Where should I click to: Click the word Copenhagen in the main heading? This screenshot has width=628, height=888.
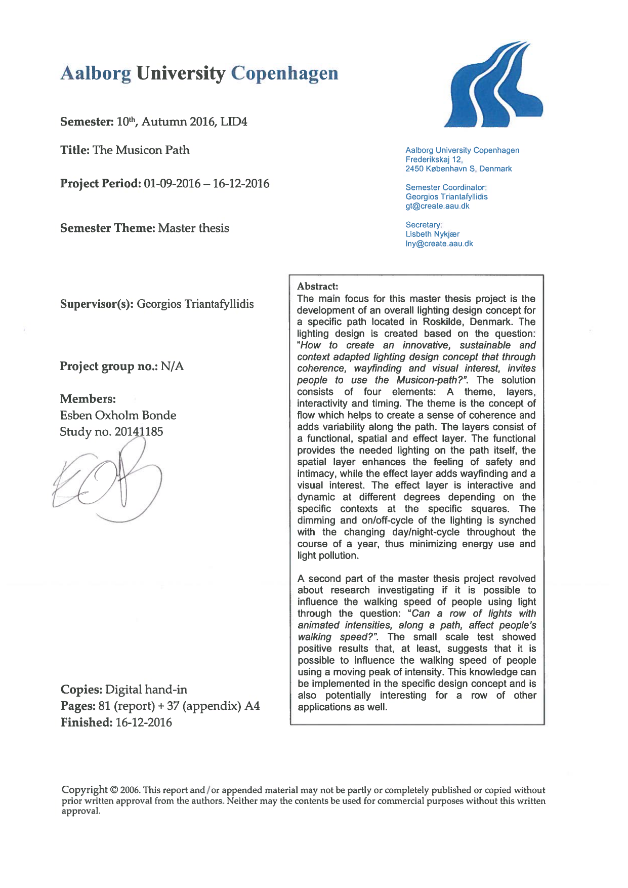(284, 73)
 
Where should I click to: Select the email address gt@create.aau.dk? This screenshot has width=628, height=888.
(437, 206)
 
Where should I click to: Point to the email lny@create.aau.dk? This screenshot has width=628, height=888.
(439, 244)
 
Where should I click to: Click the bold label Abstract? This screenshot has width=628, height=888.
(317, 287)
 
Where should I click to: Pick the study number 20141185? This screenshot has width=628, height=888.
(139, 432)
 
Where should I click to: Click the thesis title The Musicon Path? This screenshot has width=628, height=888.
(141, 150)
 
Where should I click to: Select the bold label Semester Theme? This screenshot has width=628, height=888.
(107, 228)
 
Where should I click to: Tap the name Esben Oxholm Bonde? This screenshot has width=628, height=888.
(118, 416)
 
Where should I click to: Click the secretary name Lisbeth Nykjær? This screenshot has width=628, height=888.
(432, 234)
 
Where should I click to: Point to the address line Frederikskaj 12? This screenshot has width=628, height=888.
(434, 159)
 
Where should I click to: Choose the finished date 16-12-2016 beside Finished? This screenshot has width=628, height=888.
(144, 722)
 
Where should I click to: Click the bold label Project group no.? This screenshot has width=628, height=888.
(108, 367)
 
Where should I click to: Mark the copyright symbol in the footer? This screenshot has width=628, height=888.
(114, 790)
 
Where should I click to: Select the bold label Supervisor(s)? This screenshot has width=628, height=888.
(97, 304)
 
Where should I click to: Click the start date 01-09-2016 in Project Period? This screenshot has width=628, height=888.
(172, 184)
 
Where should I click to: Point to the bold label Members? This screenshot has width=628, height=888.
(88, 399)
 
